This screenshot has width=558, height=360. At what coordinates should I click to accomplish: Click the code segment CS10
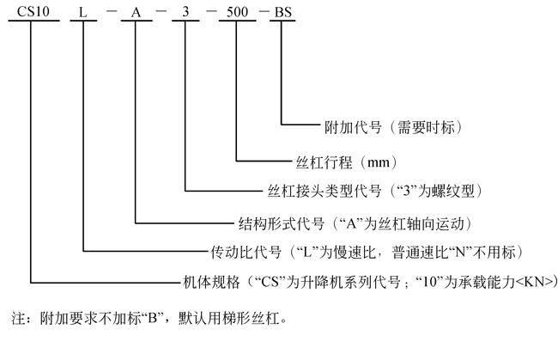tap(33, 12)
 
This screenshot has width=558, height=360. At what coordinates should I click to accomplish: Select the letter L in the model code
tap(82, 13)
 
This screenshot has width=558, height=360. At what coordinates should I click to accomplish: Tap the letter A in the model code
tap(136, 13)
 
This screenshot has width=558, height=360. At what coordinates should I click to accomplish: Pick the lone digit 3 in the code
tap(185, 12)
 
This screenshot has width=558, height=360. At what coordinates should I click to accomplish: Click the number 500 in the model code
tap(237, 12)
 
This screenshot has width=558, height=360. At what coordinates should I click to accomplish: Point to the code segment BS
tap(283, 13)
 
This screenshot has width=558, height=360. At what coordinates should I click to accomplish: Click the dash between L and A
tap(112, 11)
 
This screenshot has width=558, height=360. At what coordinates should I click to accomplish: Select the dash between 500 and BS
tap(264, 11)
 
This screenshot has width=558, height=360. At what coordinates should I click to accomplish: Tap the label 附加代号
tap(353, 127)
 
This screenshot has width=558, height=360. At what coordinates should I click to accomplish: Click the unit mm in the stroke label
tap(378, 163)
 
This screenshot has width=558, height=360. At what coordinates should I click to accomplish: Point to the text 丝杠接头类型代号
tap(324, 191)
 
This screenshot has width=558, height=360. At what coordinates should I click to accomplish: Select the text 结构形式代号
tap(281, 224)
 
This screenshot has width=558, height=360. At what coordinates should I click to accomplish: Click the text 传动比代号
tap(246, 252)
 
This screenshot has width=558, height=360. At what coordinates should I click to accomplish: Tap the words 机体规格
tap(211, 283)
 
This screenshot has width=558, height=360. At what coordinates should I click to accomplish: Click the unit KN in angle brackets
tap(536, 283)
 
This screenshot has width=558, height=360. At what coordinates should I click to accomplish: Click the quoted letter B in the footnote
tap(152, 318)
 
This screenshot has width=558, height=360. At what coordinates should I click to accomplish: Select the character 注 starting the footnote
tap(18, 318)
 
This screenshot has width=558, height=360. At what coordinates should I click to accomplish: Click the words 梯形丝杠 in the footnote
tap(251, 318)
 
